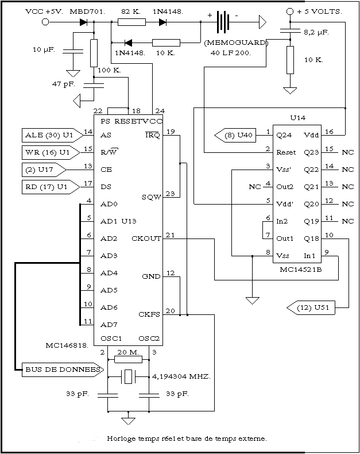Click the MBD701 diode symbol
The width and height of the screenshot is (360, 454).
83,22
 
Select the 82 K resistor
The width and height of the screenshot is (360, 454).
131,22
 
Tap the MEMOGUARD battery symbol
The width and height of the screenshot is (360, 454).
223,22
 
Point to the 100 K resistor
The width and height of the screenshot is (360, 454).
94,53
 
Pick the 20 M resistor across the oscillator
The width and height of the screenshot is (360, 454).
128,360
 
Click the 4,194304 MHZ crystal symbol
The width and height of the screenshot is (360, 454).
128,376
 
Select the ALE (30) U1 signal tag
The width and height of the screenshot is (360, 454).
52,135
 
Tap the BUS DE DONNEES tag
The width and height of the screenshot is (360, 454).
63,370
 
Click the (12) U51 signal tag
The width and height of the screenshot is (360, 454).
311,307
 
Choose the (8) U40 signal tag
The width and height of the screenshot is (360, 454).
235,135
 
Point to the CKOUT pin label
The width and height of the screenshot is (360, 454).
146,238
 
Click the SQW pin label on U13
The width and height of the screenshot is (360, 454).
151,198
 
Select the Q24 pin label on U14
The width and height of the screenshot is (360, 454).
284,135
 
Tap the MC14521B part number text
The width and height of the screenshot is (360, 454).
300,270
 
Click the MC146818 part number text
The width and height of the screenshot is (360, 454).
67,345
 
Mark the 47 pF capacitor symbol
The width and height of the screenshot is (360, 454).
94,85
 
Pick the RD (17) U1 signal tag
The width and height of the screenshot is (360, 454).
51,187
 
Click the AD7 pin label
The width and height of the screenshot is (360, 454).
109,325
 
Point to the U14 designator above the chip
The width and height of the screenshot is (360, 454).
297,118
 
